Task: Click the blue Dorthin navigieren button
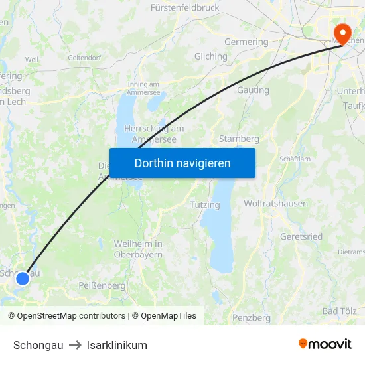pos(183,163)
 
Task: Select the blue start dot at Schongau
pos(23,279)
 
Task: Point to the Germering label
pos(246,42)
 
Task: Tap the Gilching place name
pos(210,56)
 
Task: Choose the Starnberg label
pos(238,139)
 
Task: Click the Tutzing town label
pos(204,205)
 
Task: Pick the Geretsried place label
pos(301,236)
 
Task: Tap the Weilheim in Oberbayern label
pos(138,249)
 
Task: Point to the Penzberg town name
pos(252,318)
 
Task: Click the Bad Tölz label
pos(339,311)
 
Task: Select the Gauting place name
pos(253,90)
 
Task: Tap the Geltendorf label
pos(84,58)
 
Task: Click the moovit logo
pos(325,344)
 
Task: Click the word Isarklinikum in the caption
pos(117,345)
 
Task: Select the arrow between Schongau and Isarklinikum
pos(75,345)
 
